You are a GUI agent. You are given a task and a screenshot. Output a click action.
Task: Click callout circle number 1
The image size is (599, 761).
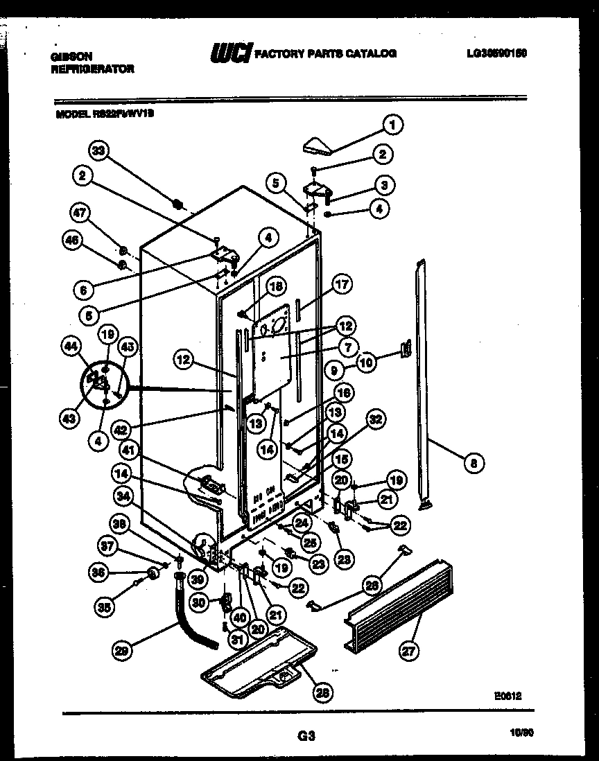392,125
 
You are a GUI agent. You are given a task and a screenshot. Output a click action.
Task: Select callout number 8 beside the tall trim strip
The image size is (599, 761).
474,463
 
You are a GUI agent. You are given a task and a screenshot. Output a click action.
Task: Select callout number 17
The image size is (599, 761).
342,283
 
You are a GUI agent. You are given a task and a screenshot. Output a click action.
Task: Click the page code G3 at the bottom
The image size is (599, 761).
306,737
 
